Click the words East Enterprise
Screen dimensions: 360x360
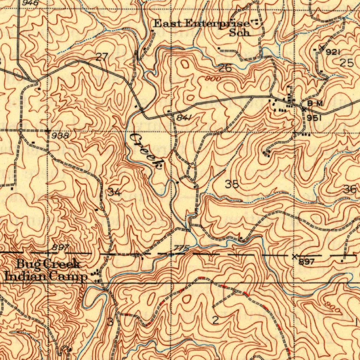(202, 24)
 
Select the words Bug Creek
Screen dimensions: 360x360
(49, 264)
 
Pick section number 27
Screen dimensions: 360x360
(102, 57)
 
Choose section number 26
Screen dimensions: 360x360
(225, 68)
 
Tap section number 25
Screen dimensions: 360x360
(347, 63)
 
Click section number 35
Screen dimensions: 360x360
(232, 184)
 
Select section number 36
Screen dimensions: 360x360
(350, 189)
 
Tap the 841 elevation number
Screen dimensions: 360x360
(184, 118)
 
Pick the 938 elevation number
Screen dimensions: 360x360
(60, 135)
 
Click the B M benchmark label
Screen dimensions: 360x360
(315, 103)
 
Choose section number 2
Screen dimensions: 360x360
(216, 320)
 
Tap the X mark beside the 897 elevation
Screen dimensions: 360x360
(294, 256)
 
